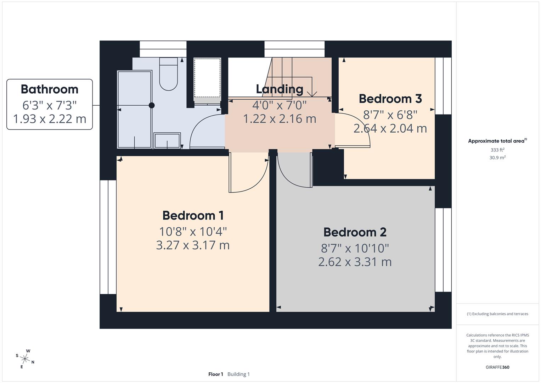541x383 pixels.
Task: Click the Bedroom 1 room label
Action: (x=193, y=215)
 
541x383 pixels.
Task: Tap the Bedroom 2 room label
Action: (x=355, y=232)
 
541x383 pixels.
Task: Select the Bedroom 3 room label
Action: (x=390, y=99)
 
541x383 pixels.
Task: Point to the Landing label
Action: (x=280, y=89)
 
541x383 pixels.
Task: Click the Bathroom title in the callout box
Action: (x=50, y=89)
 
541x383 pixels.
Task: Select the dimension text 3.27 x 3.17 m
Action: (x=193, y=245)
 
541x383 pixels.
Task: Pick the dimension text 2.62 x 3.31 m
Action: (x=355, y=262)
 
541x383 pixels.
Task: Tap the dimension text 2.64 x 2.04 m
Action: (x=390, y=128)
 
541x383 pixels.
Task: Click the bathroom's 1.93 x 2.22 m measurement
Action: (x=50, y=119)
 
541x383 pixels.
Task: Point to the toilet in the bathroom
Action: (x=168, y=74)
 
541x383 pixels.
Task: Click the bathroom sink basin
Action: (x=167, y=140)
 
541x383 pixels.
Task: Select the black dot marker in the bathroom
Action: (x=152, y=105)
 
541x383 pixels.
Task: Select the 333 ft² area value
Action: (x=497, y=150)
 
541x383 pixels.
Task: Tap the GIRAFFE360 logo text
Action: (x=497, y=367)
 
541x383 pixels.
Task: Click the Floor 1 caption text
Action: (x=215, y=374)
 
